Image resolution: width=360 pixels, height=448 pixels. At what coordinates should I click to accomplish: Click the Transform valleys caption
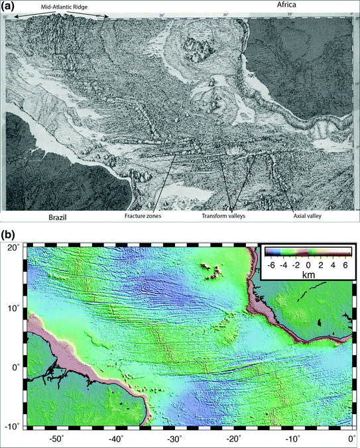231,215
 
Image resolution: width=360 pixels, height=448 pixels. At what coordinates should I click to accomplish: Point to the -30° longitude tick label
174,439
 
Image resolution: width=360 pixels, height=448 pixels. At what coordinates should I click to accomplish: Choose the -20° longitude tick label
233,439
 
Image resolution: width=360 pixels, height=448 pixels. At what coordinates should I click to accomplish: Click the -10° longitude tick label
292,439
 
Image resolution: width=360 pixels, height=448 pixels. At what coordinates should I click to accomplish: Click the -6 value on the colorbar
270,264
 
